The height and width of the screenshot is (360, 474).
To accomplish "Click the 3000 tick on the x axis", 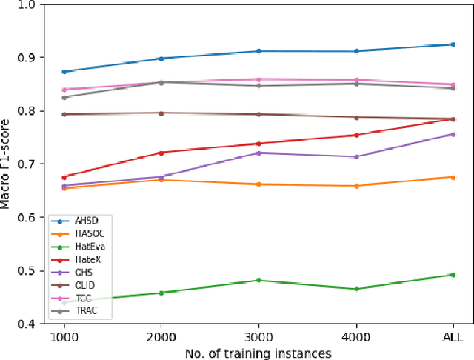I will pyautogui.click(x=258, y=333).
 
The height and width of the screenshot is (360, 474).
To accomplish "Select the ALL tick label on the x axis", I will pyautogui.click(x=453, y=333).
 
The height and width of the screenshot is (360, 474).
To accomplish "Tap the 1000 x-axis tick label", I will pyautogui.click(x=64, y=333).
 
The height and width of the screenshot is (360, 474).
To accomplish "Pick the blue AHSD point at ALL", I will pyautogui.click(x=453, y=44).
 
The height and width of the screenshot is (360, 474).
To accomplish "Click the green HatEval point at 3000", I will pyautogui.click(x=258, y=280).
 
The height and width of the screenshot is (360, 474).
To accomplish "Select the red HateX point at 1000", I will pyautogui.click(x=64, y=177).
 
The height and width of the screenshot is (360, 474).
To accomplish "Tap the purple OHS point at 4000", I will pyautogui.click(x=356, y=156).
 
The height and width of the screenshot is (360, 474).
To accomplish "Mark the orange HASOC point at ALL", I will pyautogui.click(x=453, y=177).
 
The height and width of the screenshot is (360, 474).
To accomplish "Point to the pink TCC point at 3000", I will pyautogui.click(x=258, y=79).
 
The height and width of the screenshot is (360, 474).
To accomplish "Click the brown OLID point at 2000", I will pyautogui.click(x=161, y=113).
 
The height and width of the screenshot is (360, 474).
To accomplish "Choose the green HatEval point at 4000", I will pyautogui.click(x=356, y=288).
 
